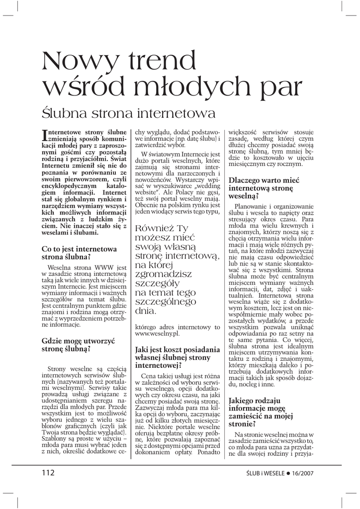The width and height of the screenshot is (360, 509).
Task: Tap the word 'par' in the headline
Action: click(x=273, y=87)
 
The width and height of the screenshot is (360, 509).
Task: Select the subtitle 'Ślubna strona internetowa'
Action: click(x=129, y=113)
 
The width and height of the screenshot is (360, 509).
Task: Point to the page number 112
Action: click(x=48, y=473)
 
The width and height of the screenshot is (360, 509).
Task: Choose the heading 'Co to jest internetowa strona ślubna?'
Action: click(x=79, y=252)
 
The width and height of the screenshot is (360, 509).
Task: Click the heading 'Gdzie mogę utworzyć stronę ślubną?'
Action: click(x=78, y=344)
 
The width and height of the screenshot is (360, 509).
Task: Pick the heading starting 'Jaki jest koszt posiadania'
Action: click(x=177, y=357)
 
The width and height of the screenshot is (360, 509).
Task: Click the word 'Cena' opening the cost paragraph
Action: click(x=150, y=376)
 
